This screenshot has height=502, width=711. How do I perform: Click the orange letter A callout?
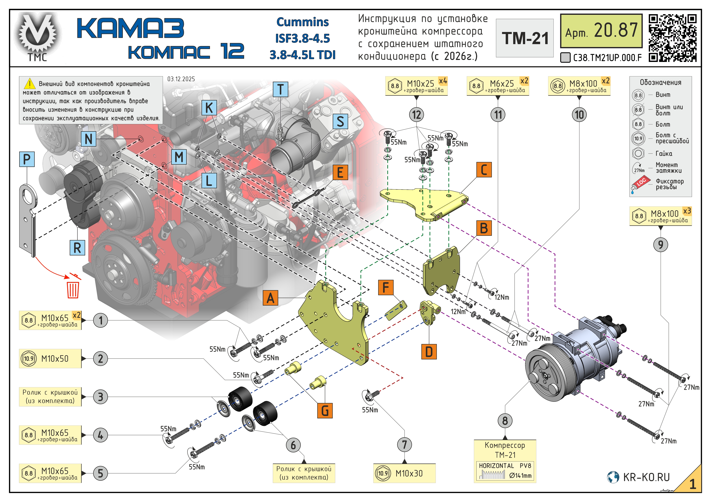click(270, 298)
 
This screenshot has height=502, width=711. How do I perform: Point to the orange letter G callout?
click(325, 411)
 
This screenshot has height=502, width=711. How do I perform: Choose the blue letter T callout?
click(281, 89)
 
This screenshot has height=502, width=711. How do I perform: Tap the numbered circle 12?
click(417, 115)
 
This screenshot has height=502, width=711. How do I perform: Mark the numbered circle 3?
click(100, 397)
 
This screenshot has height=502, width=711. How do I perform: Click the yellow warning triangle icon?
click(30, 84)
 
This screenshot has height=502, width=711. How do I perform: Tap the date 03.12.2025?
click(181, 79)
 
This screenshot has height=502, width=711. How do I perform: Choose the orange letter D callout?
click(429, 352)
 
